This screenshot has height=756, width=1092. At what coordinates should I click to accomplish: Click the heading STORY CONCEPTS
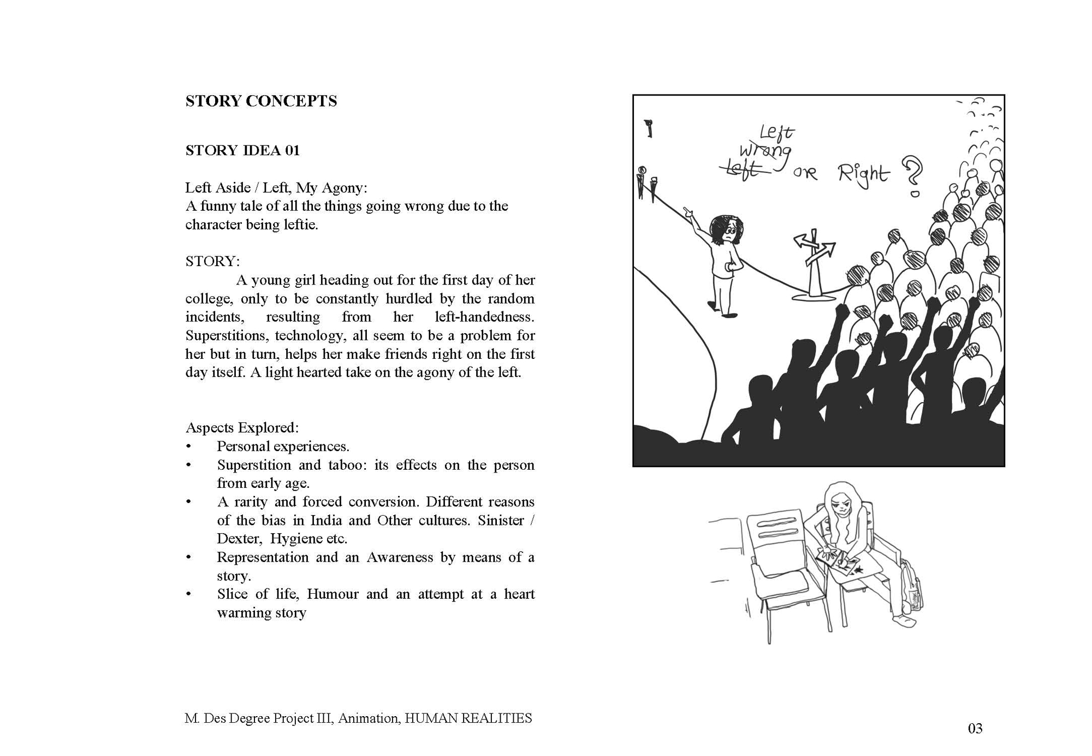point(261,101)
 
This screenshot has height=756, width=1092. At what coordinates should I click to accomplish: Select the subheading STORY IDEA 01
point(242,150)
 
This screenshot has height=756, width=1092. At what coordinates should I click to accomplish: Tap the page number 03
point(975,728)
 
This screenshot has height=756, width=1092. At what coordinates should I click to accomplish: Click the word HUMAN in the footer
point(431,718)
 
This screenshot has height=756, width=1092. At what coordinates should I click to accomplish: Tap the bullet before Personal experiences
point(189,447)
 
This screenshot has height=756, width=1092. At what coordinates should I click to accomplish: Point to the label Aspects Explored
point(242,428)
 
